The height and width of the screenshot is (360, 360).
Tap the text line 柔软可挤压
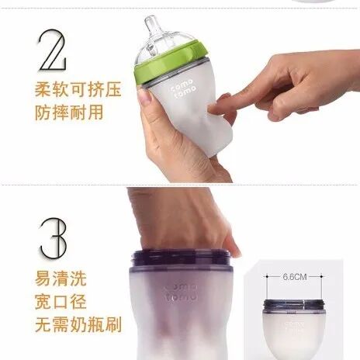(x=78, y=89)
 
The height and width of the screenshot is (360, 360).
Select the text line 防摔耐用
(x=69, y=112)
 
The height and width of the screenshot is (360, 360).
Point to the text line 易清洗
(x=61, y=279)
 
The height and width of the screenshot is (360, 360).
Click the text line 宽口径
(x=61, y=301)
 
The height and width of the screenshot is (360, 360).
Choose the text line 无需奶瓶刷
(x=78, y=324)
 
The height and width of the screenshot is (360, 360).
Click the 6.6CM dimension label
(x=295, y=277)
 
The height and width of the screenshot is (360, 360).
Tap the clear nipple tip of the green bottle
(x=151, y=21)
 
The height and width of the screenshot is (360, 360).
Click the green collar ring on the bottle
(x=171, y=64)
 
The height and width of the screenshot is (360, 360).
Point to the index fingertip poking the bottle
(x=213, y=109)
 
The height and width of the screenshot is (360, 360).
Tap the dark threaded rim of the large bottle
(x=181, y=258)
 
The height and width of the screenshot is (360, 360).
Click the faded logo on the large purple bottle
(x=181, y=292)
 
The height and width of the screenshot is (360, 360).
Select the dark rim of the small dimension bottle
(x=294, y=305)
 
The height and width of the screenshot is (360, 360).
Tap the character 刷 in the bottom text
(x=113, y=324)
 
